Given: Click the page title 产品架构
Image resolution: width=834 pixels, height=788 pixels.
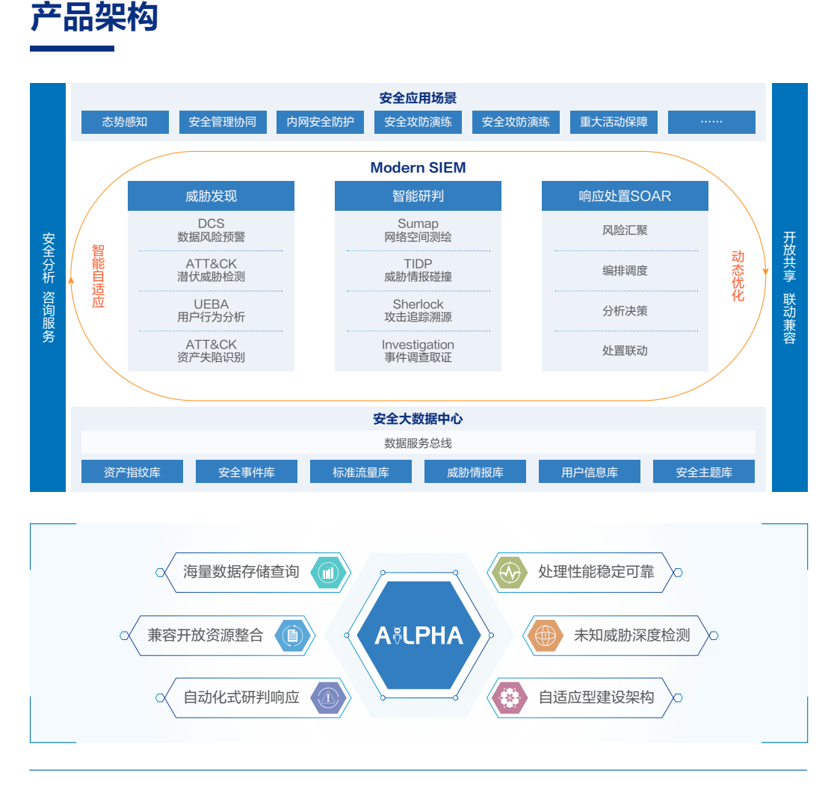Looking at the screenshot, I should click(94, 18).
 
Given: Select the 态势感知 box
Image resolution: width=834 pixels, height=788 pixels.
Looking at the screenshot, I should click(125, 122).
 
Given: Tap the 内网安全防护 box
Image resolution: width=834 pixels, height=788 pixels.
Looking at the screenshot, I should click(320, 122).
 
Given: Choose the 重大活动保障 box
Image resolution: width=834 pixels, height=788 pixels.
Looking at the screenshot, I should click(614, 122).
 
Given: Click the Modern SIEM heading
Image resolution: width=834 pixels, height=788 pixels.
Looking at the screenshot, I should click(418, 167).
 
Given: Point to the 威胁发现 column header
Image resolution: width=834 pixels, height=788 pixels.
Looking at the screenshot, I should click(211, 196).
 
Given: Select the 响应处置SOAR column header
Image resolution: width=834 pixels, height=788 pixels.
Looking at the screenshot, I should click(625, 196).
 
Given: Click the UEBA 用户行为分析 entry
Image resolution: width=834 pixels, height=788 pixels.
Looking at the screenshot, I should click(211, 310).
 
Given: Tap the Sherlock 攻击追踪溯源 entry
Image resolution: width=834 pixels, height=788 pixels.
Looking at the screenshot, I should click(418, 310).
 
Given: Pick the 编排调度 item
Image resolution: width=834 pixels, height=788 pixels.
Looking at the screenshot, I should click(625, 271).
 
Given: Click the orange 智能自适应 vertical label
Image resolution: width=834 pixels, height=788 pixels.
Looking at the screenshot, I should click(98, 276).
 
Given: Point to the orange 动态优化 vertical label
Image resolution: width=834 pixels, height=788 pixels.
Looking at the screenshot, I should click(738, 276).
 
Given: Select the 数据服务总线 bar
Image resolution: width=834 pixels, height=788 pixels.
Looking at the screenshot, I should click(418, 443).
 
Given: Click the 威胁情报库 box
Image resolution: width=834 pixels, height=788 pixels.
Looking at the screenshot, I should click(475, 472).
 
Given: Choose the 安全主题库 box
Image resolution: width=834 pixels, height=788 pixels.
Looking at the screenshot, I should click(704, 472).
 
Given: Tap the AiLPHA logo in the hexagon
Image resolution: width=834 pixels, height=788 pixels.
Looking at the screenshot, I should click(418, 635).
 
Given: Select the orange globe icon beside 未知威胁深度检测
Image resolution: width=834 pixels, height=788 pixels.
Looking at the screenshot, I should click(545, 635).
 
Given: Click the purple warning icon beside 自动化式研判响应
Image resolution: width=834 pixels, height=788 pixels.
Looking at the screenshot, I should click(328, 698).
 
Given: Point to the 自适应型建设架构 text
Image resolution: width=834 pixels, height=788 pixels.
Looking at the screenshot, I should click(596, 698).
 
